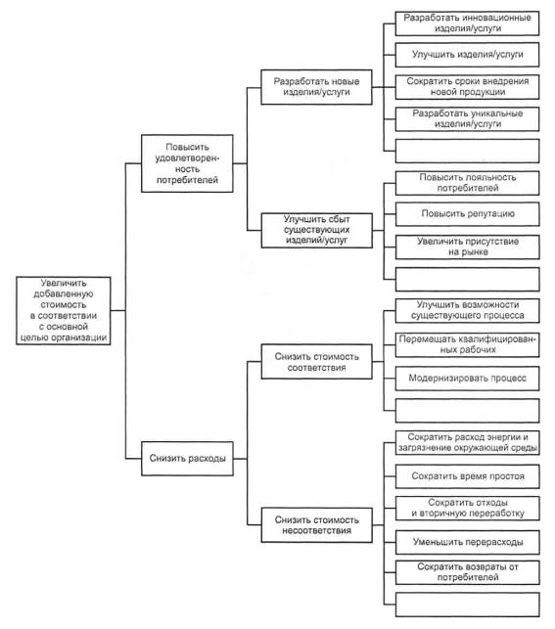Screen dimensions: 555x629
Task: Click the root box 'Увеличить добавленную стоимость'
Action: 64,310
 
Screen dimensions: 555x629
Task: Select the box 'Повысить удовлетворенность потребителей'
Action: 187,163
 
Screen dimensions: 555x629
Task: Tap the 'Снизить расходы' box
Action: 187,459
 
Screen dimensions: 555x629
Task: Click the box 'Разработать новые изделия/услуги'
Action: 316,87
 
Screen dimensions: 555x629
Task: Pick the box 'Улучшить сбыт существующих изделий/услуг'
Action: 316,230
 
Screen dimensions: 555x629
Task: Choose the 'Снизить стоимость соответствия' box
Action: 316,361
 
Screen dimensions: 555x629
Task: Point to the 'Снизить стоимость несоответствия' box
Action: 316,525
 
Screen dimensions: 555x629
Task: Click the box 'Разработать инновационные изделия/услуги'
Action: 467,23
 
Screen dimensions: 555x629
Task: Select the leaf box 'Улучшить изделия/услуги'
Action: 467,55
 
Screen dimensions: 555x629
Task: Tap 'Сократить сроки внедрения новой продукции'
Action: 467,87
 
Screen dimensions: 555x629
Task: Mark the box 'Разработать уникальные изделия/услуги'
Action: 467,118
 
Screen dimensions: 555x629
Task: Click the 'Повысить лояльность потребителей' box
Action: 468,183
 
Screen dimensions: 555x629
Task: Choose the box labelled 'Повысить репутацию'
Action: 468,214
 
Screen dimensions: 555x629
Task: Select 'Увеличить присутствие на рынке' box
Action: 468,247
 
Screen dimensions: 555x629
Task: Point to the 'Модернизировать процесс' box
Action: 467,379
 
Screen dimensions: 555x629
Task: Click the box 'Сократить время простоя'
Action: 468,476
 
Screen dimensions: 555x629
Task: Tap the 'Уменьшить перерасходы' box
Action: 468,542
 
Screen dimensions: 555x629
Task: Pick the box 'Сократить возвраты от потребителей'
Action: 468,572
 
